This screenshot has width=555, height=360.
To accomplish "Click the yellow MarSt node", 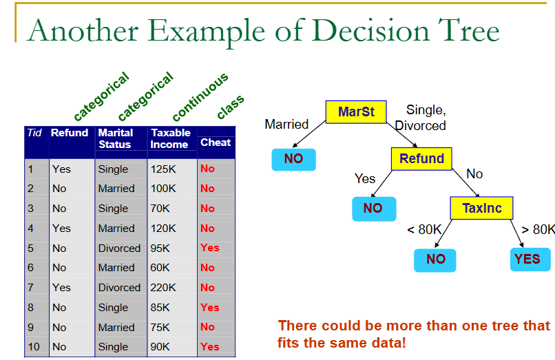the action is (356, 112).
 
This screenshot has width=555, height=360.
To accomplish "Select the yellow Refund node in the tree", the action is (421, 159).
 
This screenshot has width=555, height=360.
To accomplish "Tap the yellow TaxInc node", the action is (481, 208).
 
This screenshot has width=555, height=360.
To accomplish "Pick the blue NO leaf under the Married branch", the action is (293, 160).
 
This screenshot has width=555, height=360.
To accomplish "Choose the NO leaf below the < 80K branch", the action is (435, 259).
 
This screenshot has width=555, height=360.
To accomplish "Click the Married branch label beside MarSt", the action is (286, 125).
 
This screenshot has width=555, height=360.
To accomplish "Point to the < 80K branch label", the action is (423, 229).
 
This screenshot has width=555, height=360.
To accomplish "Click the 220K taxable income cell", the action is (164, 288).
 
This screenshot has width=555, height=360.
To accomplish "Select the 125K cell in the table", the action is (164, 169).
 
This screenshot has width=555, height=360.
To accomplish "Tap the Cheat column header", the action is (216, 142).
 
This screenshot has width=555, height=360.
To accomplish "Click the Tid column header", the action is (34, 133).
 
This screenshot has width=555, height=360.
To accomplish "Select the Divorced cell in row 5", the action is (119, 248).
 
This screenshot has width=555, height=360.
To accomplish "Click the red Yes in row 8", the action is (209, 308).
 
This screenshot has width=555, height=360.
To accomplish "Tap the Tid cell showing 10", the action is (35, 347).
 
